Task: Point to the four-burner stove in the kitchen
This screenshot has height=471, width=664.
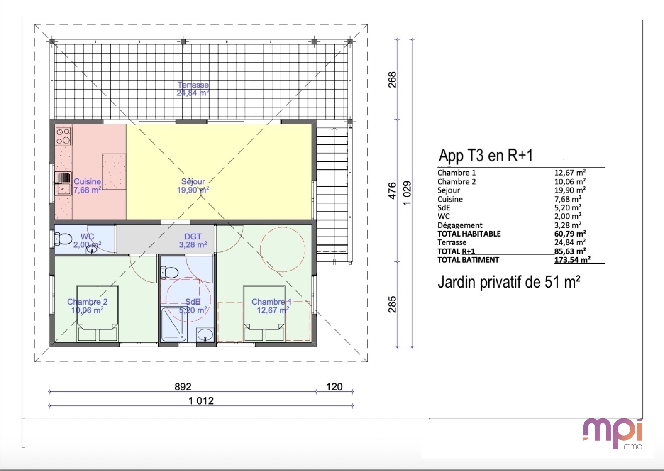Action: [63, 137]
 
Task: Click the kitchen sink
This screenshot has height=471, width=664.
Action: [63, 183]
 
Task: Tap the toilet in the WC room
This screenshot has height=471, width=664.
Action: [63, 239]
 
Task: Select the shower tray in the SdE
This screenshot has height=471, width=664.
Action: [174, 324]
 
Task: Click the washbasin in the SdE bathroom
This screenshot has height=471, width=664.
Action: [205, 335]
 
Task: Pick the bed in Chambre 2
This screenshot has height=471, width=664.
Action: [98, 314]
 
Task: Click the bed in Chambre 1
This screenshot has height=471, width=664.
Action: [264, 314]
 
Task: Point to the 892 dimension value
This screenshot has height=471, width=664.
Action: [183, 387]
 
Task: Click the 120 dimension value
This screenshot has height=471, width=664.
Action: [334, 387]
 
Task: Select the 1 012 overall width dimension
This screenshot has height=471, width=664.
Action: [201, 401]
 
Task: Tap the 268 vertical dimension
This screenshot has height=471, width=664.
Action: [392, 80]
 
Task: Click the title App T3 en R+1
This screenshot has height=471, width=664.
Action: [486, 155]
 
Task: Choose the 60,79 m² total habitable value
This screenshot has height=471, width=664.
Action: [570, 234]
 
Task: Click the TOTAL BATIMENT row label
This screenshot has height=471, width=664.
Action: [469, 260]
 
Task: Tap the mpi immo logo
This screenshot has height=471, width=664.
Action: [613, 433]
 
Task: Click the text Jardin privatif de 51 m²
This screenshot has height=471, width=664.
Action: [509, 282]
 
